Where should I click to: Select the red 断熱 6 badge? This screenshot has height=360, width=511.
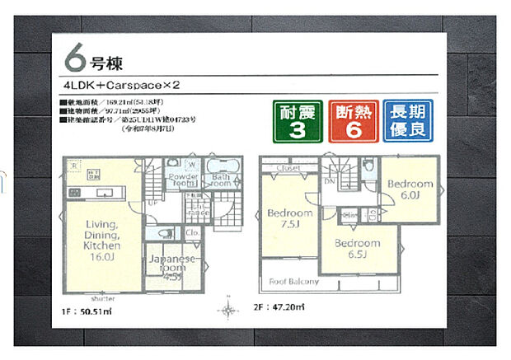[x=350, y=122]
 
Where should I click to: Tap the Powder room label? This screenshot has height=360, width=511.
[x=182, y=181]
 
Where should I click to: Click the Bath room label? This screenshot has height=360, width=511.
[x=220, y=181]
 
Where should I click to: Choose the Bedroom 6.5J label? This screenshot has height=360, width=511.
[x=358, y=249]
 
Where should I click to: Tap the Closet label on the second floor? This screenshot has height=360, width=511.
[x=289, y=167]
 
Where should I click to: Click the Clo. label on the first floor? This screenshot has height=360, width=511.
[x=191, y=232]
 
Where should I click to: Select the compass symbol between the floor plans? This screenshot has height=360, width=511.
[x=228, y=311]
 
